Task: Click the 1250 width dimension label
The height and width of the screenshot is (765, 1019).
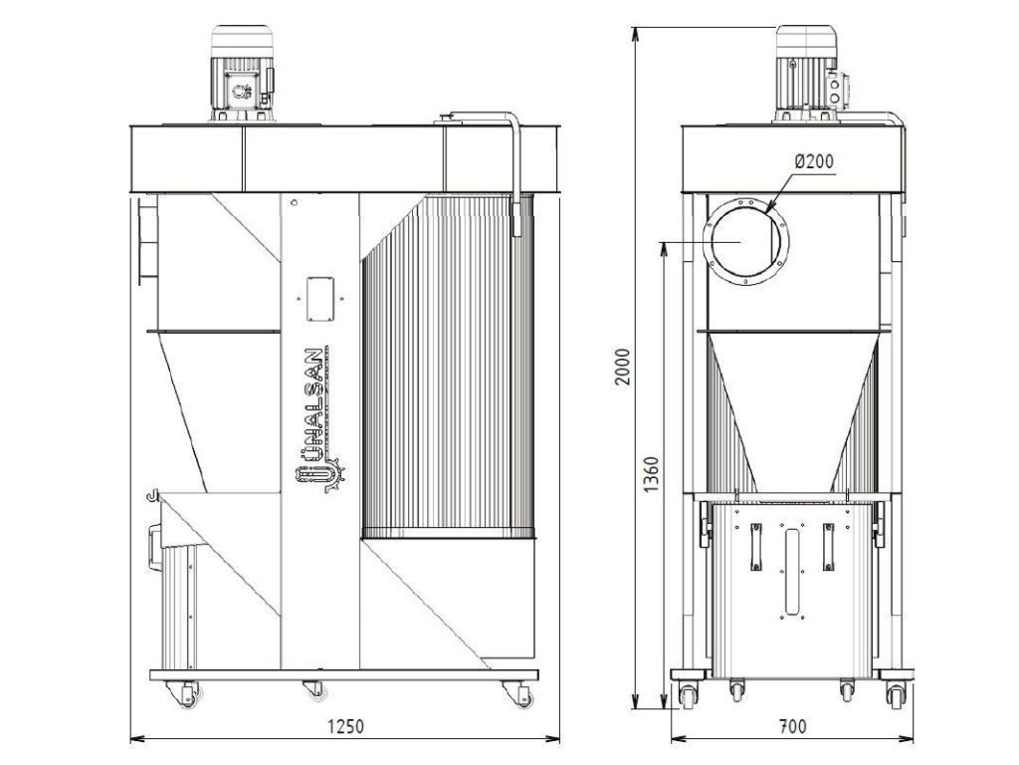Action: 345,726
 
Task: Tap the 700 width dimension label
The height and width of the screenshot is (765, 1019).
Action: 791,726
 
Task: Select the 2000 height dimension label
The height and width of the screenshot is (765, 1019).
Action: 623,367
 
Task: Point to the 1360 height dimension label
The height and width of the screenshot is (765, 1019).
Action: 651,474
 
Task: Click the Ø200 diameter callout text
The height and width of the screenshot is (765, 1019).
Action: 814,160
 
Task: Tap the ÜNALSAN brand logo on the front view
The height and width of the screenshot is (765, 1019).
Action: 317,419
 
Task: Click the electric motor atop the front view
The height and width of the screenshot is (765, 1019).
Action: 242,74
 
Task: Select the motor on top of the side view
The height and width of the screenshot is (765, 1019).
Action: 811,74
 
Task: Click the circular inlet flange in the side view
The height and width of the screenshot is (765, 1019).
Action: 746,241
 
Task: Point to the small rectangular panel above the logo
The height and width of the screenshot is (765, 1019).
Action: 319,299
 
